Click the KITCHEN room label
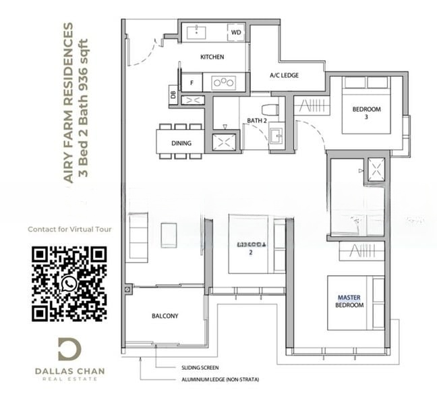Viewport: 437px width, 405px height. tap(212, 57)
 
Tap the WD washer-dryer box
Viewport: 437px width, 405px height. tap(235, 32)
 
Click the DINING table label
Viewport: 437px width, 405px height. tap(181, 143)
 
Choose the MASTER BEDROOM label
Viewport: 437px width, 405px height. tap(349, 301)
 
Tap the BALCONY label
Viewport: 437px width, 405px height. tap(165, 315)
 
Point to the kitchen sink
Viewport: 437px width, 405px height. tap(197, 31)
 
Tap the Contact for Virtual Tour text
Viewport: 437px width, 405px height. tap(69, 230)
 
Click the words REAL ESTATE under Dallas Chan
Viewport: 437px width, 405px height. tap(69, 379)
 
